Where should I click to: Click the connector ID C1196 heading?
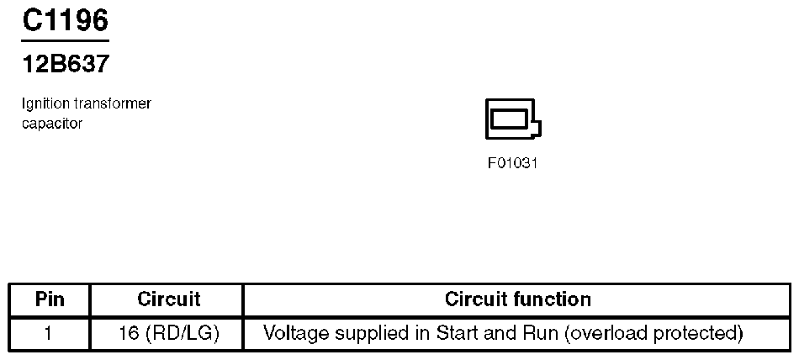[x=65, y=19]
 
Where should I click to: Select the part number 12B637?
[x=65, y=64]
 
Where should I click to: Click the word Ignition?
[x=46, y=103]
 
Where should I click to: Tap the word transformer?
[x=113, y=103]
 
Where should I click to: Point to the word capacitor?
[x=52, y=124]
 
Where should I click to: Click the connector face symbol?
[x=513, y=119]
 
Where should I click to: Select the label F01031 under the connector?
[x=512, y=163]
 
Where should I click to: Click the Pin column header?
[x=50, y=299]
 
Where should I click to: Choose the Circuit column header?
[x=168, y=299]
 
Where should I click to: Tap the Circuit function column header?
[x=517, y=299]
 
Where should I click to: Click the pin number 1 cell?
[x=49, y=333]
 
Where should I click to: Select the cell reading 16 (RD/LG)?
[x=168, y=333]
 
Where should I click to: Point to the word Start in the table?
[x=455, y=333]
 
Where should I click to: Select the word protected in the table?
[x=697, y=333]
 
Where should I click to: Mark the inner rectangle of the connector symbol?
[x=509, y=119]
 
